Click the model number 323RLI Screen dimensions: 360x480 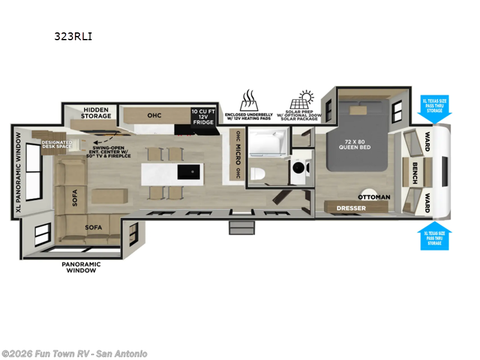pyautogui.click(x=73, y=37)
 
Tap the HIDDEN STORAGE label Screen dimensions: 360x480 pyautogui.click(x=97, y=113)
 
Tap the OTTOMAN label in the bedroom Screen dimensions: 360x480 pyautogui.click(x=374, y=197)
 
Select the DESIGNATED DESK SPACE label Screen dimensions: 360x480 pyautogui.click(x=57, y=145)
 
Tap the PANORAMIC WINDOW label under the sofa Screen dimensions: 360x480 pyautogui.click(x=81, y=267)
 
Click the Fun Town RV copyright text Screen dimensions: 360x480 pyautogui.click(x=74, y=353)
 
